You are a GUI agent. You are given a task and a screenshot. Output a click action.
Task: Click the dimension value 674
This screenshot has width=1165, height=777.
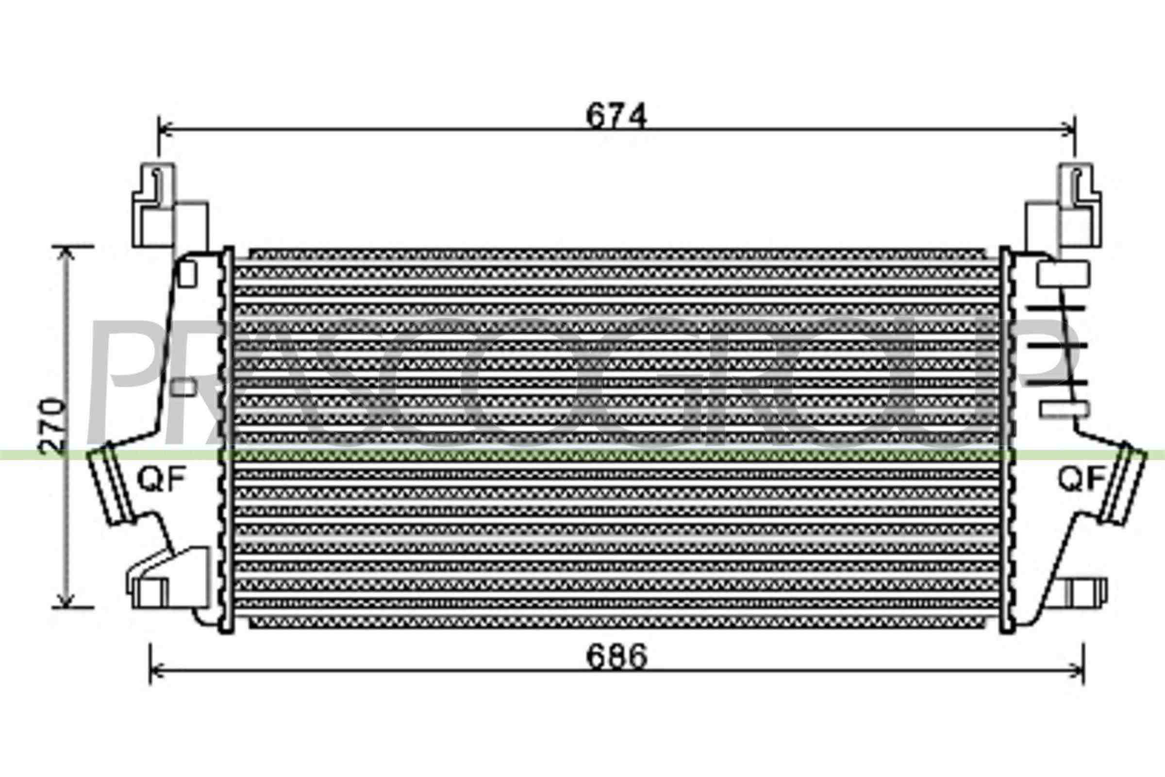coord(616,116)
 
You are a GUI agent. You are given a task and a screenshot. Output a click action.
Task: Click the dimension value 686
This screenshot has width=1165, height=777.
coord(616,657)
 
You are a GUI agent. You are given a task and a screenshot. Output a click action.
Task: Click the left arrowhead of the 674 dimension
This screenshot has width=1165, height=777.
coord(166,130)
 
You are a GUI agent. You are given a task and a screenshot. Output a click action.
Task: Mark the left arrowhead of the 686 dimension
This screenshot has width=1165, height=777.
coord(157,672)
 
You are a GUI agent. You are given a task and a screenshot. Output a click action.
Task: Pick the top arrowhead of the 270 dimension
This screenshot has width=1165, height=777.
coord(67,253)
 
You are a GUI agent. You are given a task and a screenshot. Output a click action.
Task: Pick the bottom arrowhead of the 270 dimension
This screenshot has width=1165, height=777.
coord(67,600)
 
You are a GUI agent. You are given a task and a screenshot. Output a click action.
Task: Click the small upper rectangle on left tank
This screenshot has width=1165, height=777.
coord(187,274)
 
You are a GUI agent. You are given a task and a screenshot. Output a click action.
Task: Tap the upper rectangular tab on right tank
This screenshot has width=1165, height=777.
coord(1064,274)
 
